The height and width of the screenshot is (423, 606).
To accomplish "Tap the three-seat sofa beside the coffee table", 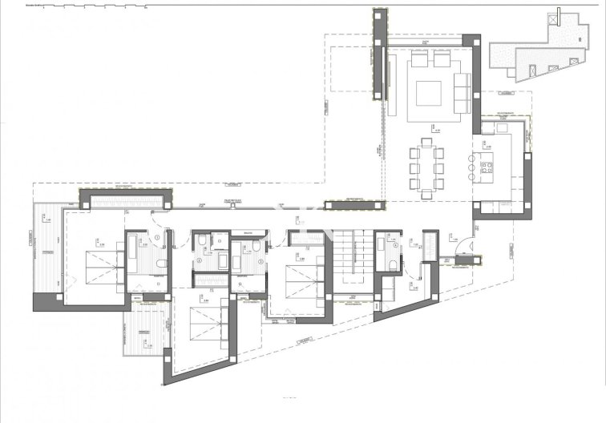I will click(461, 91).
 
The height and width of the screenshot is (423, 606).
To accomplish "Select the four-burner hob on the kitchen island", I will click(486, 168).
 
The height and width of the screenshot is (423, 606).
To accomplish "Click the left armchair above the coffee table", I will click(418, 60).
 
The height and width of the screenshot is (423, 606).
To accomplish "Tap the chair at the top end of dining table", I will click(426, 143).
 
